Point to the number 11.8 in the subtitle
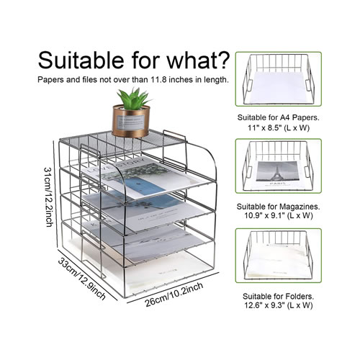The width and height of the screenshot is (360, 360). (x=159, y=80)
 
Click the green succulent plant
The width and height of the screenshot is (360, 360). (x=133, y=98)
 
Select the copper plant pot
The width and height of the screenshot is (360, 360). (x=131, y=122)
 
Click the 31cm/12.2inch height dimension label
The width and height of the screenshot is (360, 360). (x=48, y=197)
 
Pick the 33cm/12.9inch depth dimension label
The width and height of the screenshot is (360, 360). (x=81, y=279)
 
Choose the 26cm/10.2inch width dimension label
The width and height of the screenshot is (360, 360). (x=174, y=294)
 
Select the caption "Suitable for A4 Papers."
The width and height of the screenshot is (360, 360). (x=279, y=117)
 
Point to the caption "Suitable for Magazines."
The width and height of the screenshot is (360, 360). (x=279, y=207)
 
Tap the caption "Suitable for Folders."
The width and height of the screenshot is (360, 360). (x=279, y=297)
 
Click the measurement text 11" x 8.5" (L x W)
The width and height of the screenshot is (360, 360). (x=279, y=127)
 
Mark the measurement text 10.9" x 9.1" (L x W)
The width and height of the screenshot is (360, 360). (x=279, y=215)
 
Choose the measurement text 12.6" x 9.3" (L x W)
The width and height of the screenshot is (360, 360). (x=279, y=305)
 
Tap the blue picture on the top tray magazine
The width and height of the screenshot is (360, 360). (x=139, y=186)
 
